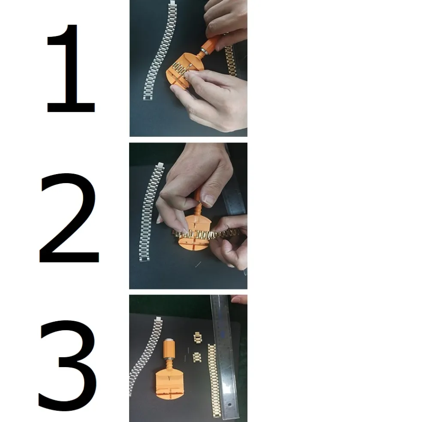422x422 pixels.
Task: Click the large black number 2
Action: point(69,218)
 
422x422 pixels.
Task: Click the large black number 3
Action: point(68,365)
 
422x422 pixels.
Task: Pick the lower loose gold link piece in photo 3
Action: point(197,357)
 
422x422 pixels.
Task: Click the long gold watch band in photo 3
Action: point(214,382)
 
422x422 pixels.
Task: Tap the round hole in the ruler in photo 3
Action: point(229,404)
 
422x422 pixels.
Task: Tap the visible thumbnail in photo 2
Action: point(208,199)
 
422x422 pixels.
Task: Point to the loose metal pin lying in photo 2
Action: point(198,264)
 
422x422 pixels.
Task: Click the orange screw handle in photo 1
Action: point(209,46)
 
